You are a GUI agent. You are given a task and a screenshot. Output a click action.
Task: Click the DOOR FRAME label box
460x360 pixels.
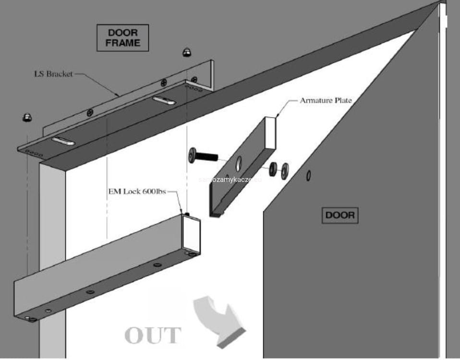(x=123, y=38)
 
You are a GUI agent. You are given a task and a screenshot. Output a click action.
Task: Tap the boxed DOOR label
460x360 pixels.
(x=340, y=215)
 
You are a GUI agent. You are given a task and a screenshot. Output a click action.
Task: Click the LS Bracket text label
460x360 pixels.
(x=53, y=74)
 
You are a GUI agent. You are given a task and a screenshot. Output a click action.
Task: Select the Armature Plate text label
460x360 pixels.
(x=326, y=101)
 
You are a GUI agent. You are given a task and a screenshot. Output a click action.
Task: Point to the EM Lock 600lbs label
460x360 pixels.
(x=137, y=192)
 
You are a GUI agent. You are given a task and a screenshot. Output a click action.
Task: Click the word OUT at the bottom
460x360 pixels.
(x=153, y=336)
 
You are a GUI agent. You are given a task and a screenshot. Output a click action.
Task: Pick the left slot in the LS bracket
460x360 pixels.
(x=63, y=140)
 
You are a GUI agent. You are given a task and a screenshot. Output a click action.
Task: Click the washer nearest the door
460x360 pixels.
(x=285, y=169)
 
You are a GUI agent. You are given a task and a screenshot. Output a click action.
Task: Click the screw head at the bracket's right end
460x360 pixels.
(x=194, y=79)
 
